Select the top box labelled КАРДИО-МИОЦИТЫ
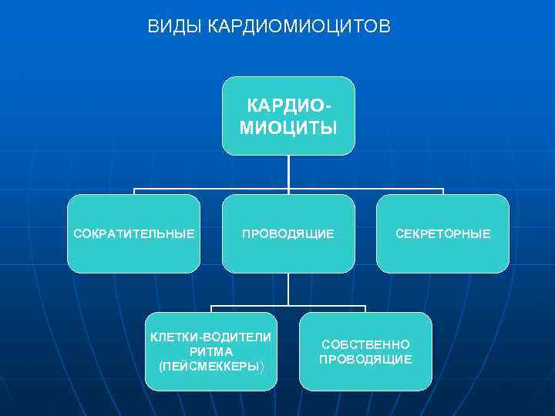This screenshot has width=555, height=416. pyautogui.click(x=288, y=116)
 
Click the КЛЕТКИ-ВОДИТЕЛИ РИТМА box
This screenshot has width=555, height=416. pyautogui.click(x=211, y=351)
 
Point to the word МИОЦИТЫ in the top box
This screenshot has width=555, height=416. pyautogui.click(x=288, y=127)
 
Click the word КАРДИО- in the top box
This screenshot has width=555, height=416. pyautogui.click(x=291, y=104)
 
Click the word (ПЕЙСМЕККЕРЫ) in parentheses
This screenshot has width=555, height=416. pyautogui.click(x=211, y=366)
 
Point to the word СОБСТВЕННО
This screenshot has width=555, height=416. pyautogui.click(x=365, y=344)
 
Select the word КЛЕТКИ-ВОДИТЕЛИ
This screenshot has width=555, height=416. pyautogui.click(x=211, y=337)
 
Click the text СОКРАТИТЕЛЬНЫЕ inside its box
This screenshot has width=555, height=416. pyautogui.click(x=134, y=233)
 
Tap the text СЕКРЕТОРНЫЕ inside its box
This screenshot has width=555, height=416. pyautogui.click(x=442, y=233)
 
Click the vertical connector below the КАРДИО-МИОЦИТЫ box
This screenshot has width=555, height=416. pyautogui.click(x=288, y=172)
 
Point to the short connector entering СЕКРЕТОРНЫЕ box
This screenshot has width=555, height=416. pyautogui.click(x=443, y=192)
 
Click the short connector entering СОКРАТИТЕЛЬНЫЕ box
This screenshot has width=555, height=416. pyautogui.click(x=134, y=192)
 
